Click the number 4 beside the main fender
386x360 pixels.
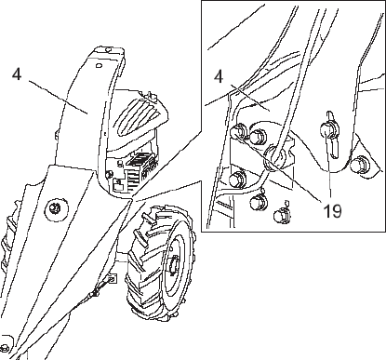coord(17,74)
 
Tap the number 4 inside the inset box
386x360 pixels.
coord(219,76)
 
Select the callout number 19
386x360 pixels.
coord(332,211)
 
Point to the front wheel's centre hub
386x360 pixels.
coord(175,266)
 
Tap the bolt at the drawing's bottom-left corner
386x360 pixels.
coord(5,347)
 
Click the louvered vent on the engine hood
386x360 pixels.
coord(138,116)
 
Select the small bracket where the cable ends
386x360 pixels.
coord(113,278)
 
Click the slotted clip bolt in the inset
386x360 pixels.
coord(330,134)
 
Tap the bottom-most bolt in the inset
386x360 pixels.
coord(282,215)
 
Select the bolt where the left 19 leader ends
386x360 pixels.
coord(239,131)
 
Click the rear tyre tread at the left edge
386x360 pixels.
coord(7,235)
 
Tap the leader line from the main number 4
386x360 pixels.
coord(59,98)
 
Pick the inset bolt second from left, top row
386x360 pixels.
coord(258,136)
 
